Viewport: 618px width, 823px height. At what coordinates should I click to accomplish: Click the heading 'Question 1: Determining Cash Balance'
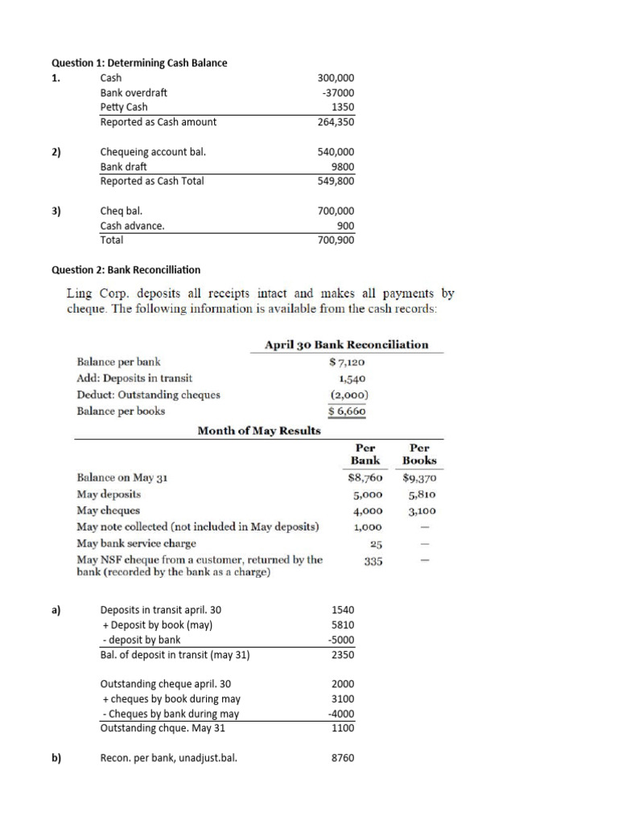tap(139, 63)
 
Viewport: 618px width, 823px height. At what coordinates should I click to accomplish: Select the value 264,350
tap(336, 122)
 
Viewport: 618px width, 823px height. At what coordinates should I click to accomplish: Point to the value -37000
tap(338, 92)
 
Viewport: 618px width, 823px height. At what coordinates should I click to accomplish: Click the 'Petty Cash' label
tap(124, 107)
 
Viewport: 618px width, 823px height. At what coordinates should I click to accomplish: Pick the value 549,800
tap(336, 181)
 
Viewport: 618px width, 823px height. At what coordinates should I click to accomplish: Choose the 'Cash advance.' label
tap(132, 225)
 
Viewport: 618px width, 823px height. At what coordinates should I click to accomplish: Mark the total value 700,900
tap(336, 240)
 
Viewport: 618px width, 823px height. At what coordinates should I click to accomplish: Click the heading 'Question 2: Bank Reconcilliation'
tap(126, 269)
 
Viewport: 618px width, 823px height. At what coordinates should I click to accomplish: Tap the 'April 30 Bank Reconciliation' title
tap(347, 345)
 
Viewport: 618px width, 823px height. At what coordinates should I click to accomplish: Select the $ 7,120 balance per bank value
tap(348, 362)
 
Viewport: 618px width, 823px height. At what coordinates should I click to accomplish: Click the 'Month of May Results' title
tap(259, 430)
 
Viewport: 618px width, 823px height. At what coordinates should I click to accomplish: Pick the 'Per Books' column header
tap(420, 454)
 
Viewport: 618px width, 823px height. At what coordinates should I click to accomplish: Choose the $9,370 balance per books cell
tap(419, 477)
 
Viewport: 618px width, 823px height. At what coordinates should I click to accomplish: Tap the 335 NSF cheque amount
tap(371, 560)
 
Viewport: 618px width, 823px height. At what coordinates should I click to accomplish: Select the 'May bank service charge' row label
tap(136, 543)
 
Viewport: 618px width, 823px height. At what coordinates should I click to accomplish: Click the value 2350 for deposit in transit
tap(342, 654)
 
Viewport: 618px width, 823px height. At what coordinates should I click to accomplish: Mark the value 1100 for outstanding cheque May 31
tap(342, 728)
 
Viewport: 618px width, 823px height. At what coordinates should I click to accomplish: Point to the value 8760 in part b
tap(342, 757)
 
